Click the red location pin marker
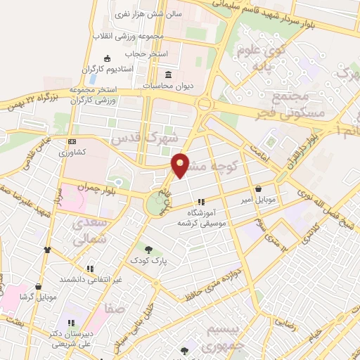tap(181, 164)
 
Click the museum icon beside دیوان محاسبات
tap(169, 75)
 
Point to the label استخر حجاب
tap(146, 53)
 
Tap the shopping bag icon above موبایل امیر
tap(260, 188)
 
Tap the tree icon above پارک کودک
tap(148, 248)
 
